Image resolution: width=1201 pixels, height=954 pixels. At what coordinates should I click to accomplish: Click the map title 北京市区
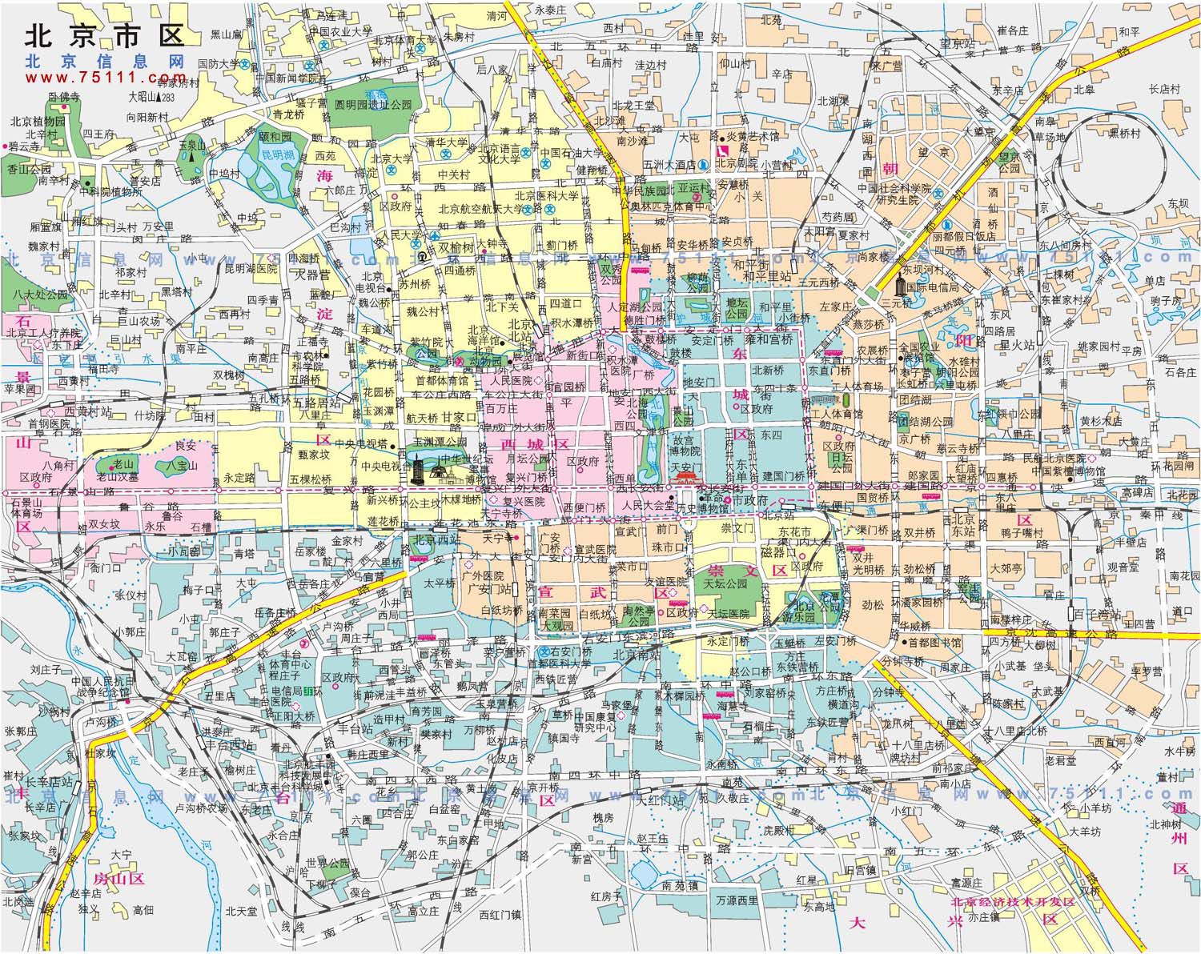coord(105,36)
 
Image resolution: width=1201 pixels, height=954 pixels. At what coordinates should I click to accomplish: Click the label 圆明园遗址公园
coord(373,105)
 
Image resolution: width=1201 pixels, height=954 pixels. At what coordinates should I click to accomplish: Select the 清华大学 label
coord(446,142)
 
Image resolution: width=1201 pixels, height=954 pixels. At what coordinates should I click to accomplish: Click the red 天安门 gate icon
coord(687,479)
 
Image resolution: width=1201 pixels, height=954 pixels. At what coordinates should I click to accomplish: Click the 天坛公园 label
coord(725,583)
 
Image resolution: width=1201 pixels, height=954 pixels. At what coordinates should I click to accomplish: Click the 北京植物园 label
coord(38,122)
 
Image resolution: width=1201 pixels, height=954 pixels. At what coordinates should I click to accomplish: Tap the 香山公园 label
coord(29,170)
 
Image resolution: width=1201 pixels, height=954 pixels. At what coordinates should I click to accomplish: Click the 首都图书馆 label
coord(934,643)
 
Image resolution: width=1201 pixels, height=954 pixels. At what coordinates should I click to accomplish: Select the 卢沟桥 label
coord(101,720)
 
